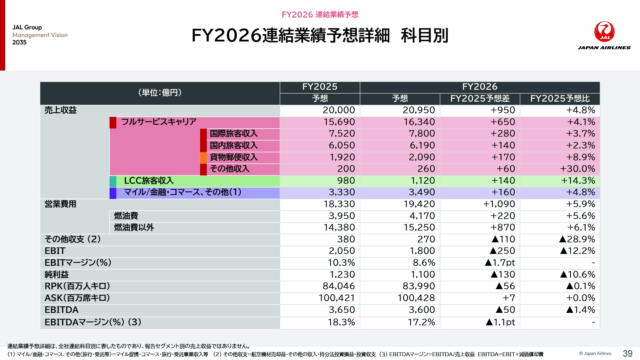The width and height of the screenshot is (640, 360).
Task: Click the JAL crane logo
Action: click(x=604, y=32)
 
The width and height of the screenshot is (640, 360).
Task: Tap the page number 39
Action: click(x=627, y=353)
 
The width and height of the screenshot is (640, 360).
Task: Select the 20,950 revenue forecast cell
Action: click(x=418, y=110)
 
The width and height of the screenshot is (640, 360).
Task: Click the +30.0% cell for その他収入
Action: click(x=577, y=169)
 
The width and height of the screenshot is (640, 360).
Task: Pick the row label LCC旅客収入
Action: click(x=149, y=181)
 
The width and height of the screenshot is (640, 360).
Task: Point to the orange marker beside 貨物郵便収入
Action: click(x=203, y=158)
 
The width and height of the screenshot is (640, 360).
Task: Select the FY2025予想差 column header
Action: click(x=480, y=99)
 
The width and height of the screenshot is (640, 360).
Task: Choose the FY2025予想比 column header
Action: click(x=560, y=99)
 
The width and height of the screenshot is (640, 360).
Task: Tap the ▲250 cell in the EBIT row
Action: click(x=502, y=251)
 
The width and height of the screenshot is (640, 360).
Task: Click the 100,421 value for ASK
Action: click(x=337, y=298)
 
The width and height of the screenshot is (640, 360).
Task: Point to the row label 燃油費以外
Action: click(x=134, y=228)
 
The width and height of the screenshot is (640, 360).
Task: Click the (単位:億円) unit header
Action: click(x=160, y=93)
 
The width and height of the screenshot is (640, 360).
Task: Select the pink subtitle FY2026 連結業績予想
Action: click(x=320, y=15)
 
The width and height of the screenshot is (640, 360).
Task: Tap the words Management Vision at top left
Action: click(x=40, y=35)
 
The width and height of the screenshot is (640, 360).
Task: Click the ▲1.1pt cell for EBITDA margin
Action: click(x=500, y=322)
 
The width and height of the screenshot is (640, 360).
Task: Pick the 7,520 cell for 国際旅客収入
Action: click(x=342, y=134)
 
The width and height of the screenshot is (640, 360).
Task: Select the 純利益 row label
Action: click(x=57, y=275)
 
